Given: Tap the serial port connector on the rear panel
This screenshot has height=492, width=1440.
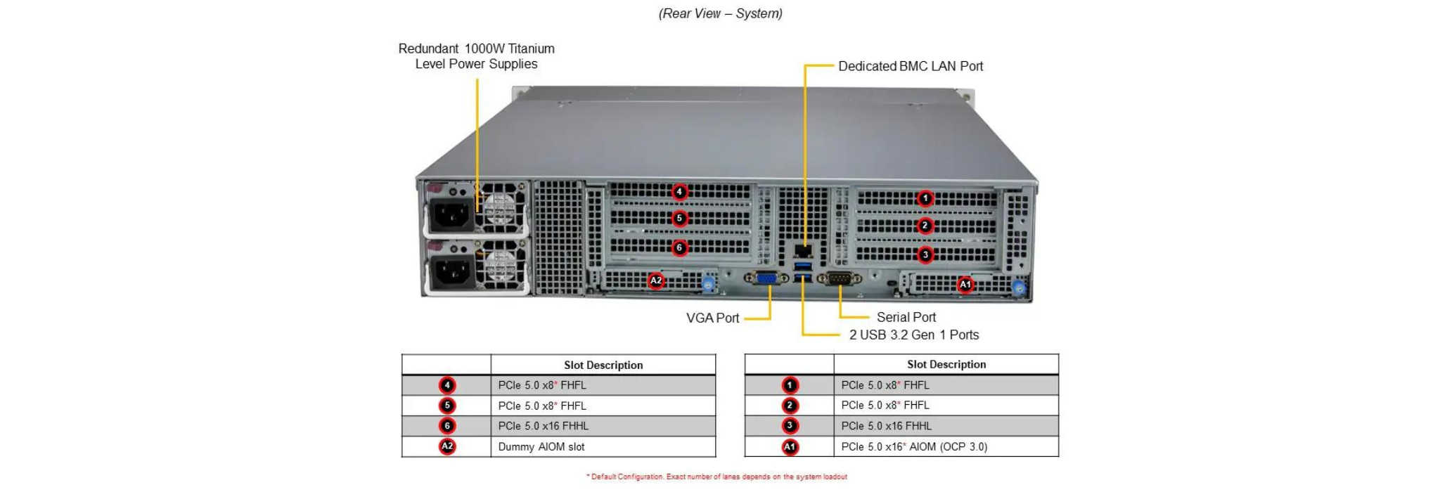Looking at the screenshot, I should click(839, 279).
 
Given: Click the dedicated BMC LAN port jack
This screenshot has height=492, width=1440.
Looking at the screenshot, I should click(802, 250).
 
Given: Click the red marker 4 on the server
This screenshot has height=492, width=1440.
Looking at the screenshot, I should click(679, 192).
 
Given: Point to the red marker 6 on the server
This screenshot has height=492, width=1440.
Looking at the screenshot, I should click(679, 247).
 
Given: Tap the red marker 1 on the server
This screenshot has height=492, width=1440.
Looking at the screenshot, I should click(925, 199).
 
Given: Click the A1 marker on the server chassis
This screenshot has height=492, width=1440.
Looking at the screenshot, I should click(965, 285).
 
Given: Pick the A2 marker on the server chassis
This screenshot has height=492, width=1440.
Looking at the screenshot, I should click(656, 281).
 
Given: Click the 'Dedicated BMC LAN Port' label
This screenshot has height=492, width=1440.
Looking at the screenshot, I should click(911, 66).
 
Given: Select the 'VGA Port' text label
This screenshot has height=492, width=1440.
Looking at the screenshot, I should click(712, 318).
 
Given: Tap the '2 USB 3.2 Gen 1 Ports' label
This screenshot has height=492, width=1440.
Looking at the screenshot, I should click(913, 335).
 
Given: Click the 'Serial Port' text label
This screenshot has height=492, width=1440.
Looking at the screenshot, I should click(906, 317).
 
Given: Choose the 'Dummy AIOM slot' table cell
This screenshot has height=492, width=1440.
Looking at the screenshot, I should click(541, 447).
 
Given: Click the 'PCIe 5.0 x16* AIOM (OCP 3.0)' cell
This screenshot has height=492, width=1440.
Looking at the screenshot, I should click(914, 447).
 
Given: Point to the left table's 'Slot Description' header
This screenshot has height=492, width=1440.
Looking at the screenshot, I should click(603, 365).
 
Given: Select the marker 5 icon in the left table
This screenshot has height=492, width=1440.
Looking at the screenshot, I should click(446, 406).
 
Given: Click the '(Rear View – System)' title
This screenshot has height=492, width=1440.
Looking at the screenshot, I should click(720, 13).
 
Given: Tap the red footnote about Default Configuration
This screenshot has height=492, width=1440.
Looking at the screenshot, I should click(716, 477).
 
